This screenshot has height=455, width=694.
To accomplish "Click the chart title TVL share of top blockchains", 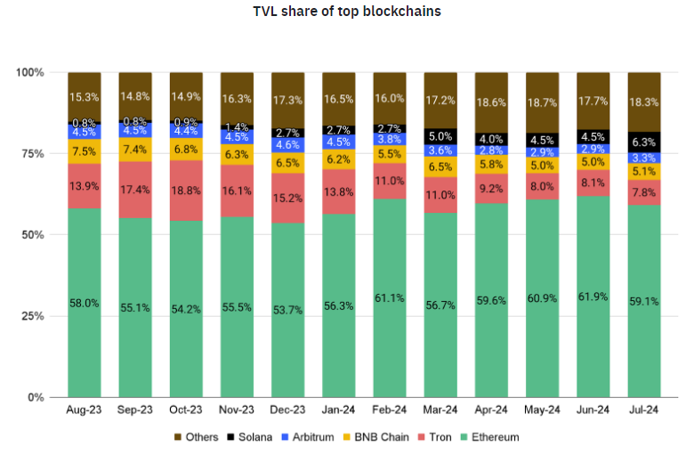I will [346, 12].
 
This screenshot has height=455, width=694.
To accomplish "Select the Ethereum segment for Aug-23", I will [85, 303].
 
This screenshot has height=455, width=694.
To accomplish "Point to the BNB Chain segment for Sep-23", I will [135, 149].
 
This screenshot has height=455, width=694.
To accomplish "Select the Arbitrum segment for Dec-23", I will [287, 143].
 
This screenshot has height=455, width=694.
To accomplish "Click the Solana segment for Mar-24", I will [440, 136].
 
